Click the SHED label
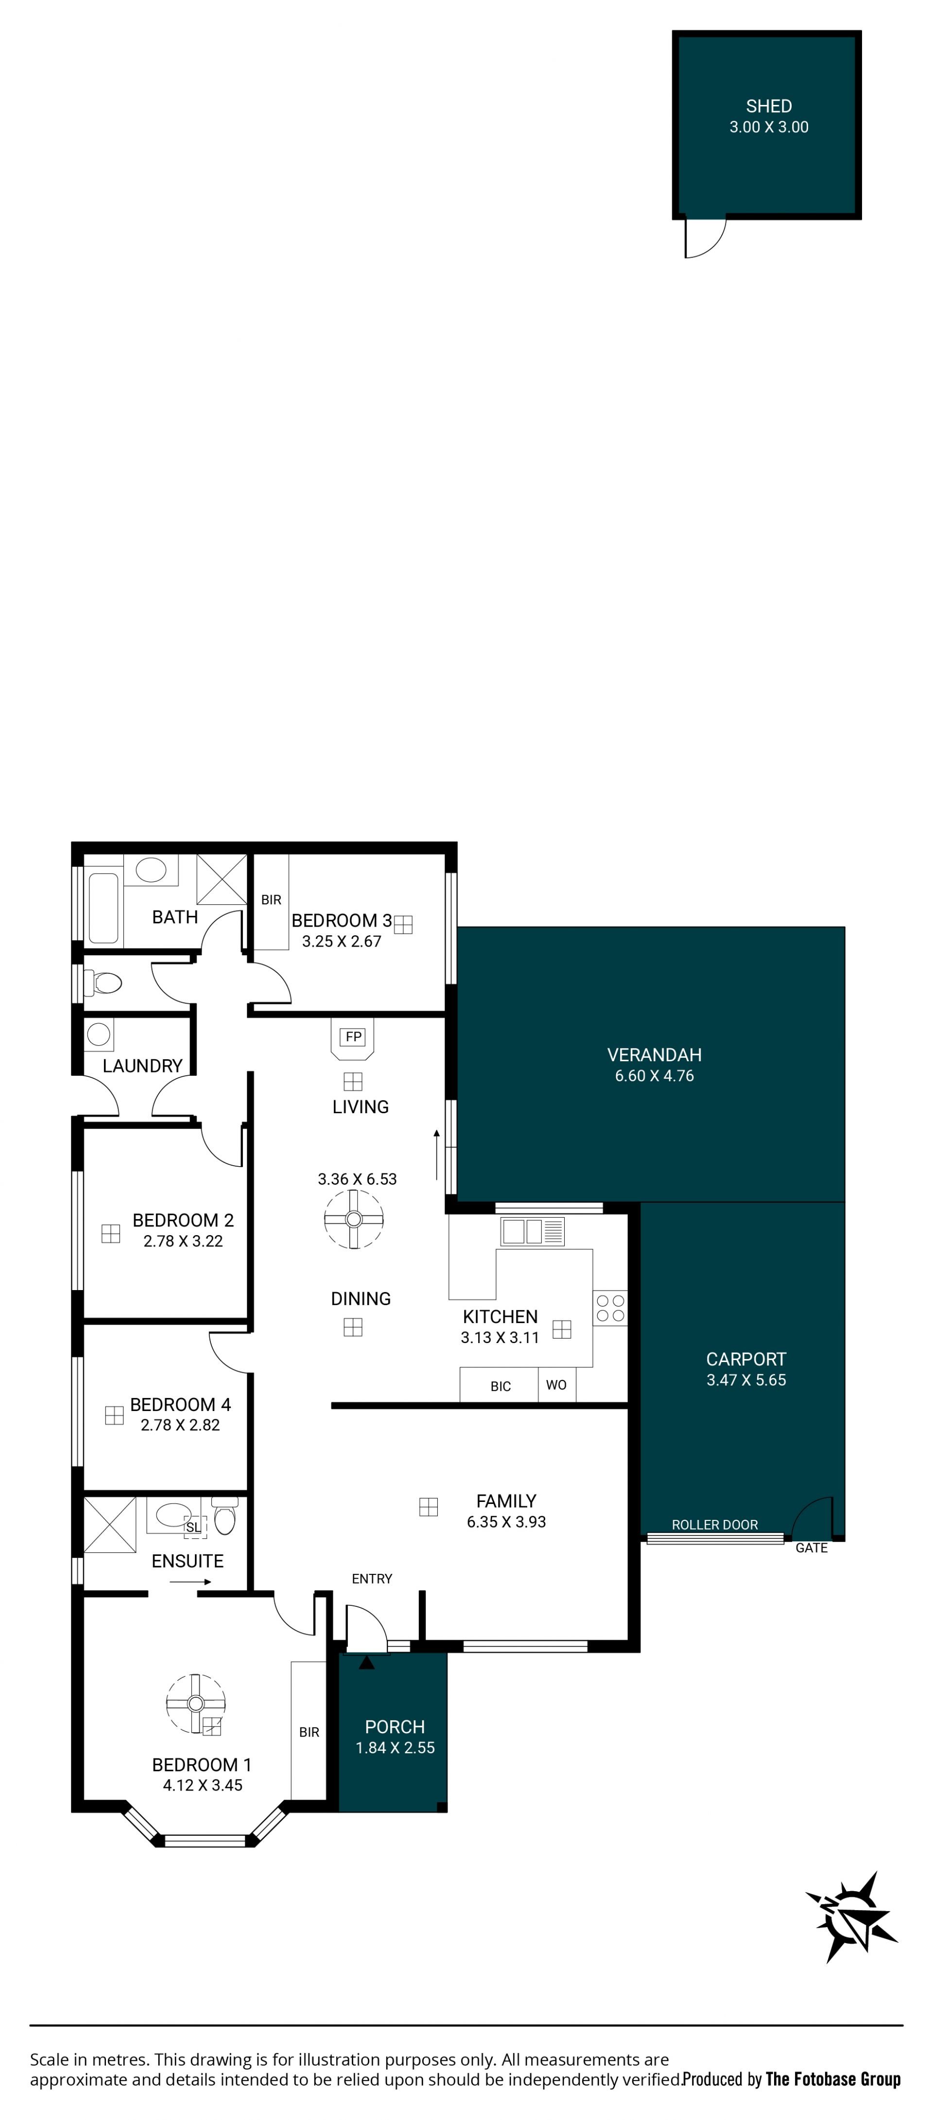[768, 106]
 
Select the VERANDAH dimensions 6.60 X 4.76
[654, 1076]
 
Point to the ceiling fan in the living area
[354, 1220]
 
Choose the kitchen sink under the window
[532, 1231]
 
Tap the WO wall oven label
[556, 1385]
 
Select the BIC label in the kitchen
[500, 1387]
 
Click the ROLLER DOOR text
[714, 1525]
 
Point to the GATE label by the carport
[811, 1548]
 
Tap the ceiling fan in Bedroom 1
[196, 1704]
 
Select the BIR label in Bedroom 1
[310, 1732]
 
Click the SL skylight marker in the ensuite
[193, 1528]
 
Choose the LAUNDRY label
[142, 1066]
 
